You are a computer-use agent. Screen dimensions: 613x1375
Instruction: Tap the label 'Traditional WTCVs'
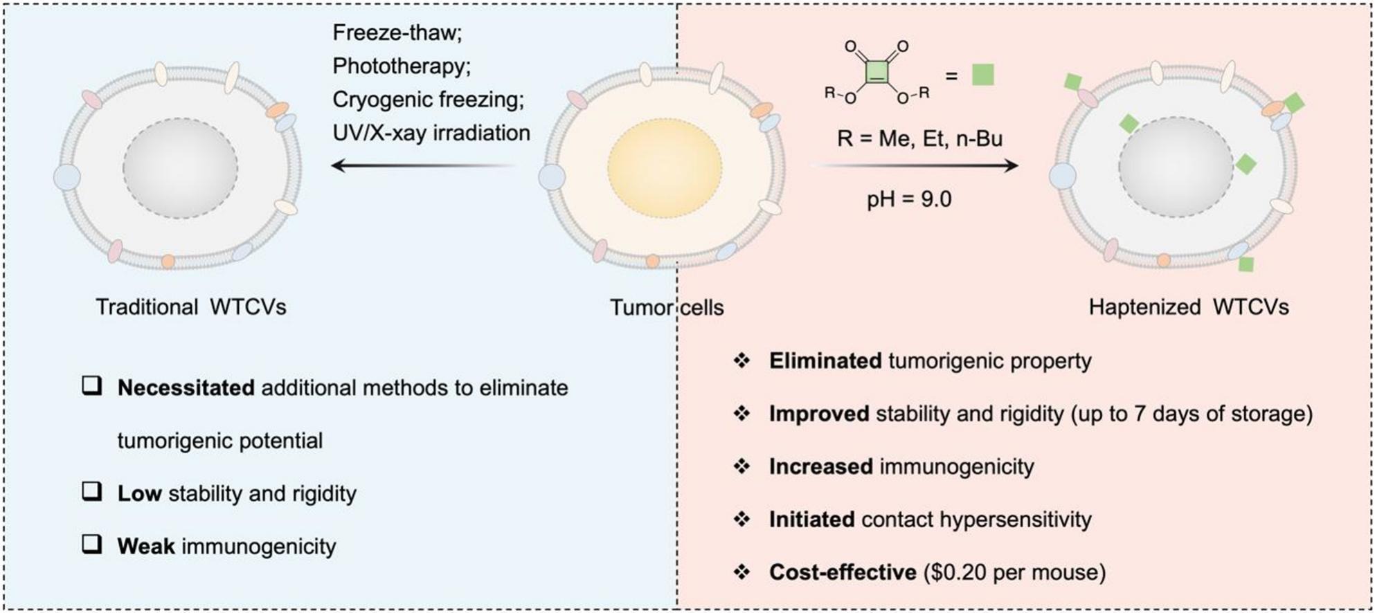tap(190, 307)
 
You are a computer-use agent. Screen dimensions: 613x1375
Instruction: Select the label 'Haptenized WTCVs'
tap(1188, 307)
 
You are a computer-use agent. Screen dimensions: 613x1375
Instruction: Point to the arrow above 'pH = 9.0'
tap(914, 165)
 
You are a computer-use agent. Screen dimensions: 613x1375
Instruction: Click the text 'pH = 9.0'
tap(909, 200)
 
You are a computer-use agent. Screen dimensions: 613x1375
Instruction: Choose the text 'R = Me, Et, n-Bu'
tap(919, 138)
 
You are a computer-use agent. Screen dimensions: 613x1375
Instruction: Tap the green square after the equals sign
tap(982, 74)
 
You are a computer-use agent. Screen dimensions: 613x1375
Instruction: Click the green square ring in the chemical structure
tap(877, 71)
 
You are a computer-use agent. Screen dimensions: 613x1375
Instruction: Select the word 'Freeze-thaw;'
tap(397, 32)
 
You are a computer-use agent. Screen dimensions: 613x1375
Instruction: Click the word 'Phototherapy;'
tap(402, 66)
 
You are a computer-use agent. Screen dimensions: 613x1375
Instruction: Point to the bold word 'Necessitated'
tap(186, 388)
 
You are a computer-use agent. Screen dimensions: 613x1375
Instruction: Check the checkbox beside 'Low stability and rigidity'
tap(91, 492)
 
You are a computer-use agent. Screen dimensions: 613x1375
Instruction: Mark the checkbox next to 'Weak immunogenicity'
tap(91, 545)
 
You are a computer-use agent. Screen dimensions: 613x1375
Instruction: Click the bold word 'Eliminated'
tap(825, 361)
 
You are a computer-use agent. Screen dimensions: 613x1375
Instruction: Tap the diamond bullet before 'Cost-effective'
tap(742, 572)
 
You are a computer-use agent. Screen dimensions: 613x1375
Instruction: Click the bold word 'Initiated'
tap(811, 520)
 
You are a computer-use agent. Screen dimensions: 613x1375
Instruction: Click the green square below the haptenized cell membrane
tap(1246, 264)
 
